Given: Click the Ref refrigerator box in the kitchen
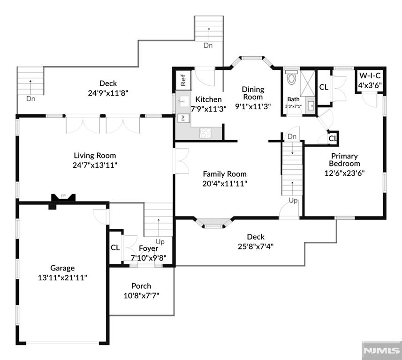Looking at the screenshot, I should pyautogui.click(x=182, y=80).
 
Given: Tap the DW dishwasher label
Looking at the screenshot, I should pyautogui.click(x=182, y=119).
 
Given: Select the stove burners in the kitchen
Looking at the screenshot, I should pyautogui.click(x=205, y=133).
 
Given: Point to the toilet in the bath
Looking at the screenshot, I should pyautogui.click(x=291, y=77).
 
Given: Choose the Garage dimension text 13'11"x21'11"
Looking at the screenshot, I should pyautogui.click(x=62, y=277).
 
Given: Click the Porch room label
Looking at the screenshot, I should pyautogui.click(x=141, y=286).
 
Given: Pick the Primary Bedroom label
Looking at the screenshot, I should pyautogui.click(x=344, y=159).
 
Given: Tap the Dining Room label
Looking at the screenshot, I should pyautogui.click(x=253, y=93).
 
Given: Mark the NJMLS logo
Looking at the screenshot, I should pyautogui.click(x=381, y=350).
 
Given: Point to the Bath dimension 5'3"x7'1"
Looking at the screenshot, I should pyautogui.click(x=294, y=106).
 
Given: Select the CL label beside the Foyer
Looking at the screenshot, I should pyautogui.click(x=115, y=247).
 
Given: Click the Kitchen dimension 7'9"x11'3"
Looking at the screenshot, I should pyautogui.click(x=208, y=108).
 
